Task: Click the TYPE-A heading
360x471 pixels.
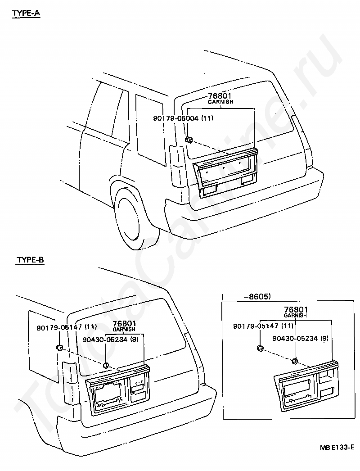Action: [x=26, y=14]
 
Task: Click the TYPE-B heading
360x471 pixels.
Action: [x=30, y=259]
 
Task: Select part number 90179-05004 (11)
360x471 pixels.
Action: [x=183, y=118]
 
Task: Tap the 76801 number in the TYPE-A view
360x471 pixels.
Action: [x=220, y=96]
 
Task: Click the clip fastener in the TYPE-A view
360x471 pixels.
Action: [x=189, y=140]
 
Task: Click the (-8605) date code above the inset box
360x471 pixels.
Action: [x=247, y=297]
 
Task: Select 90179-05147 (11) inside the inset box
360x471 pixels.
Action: [x=263, y=326]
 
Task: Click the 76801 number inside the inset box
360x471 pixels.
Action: [x=296, y=310]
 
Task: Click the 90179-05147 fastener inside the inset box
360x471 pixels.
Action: [x=260, y=349]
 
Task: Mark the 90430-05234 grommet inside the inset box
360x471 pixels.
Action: [x=295, y=361]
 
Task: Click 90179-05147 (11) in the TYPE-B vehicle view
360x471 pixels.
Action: [x=67, y=327]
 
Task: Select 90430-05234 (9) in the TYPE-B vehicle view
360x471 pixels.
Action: [x=111, y=340]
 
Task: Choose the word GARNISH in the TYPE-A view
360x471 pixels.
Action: [x=220, y=102]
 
